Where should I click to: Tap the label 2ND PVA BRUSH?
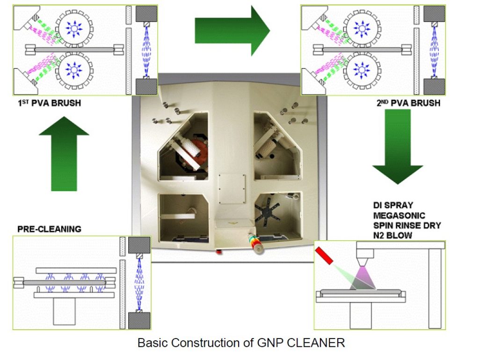[407, 103]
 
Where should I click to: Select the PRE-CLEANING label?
[49, 229]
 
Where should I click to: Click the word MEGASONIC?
[400, 216]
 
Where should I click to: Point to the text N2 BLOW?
[392, 235]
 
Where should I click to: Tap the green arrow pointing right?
[232, 31]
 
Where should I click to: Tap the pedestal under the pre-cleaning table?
[65, 311]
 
